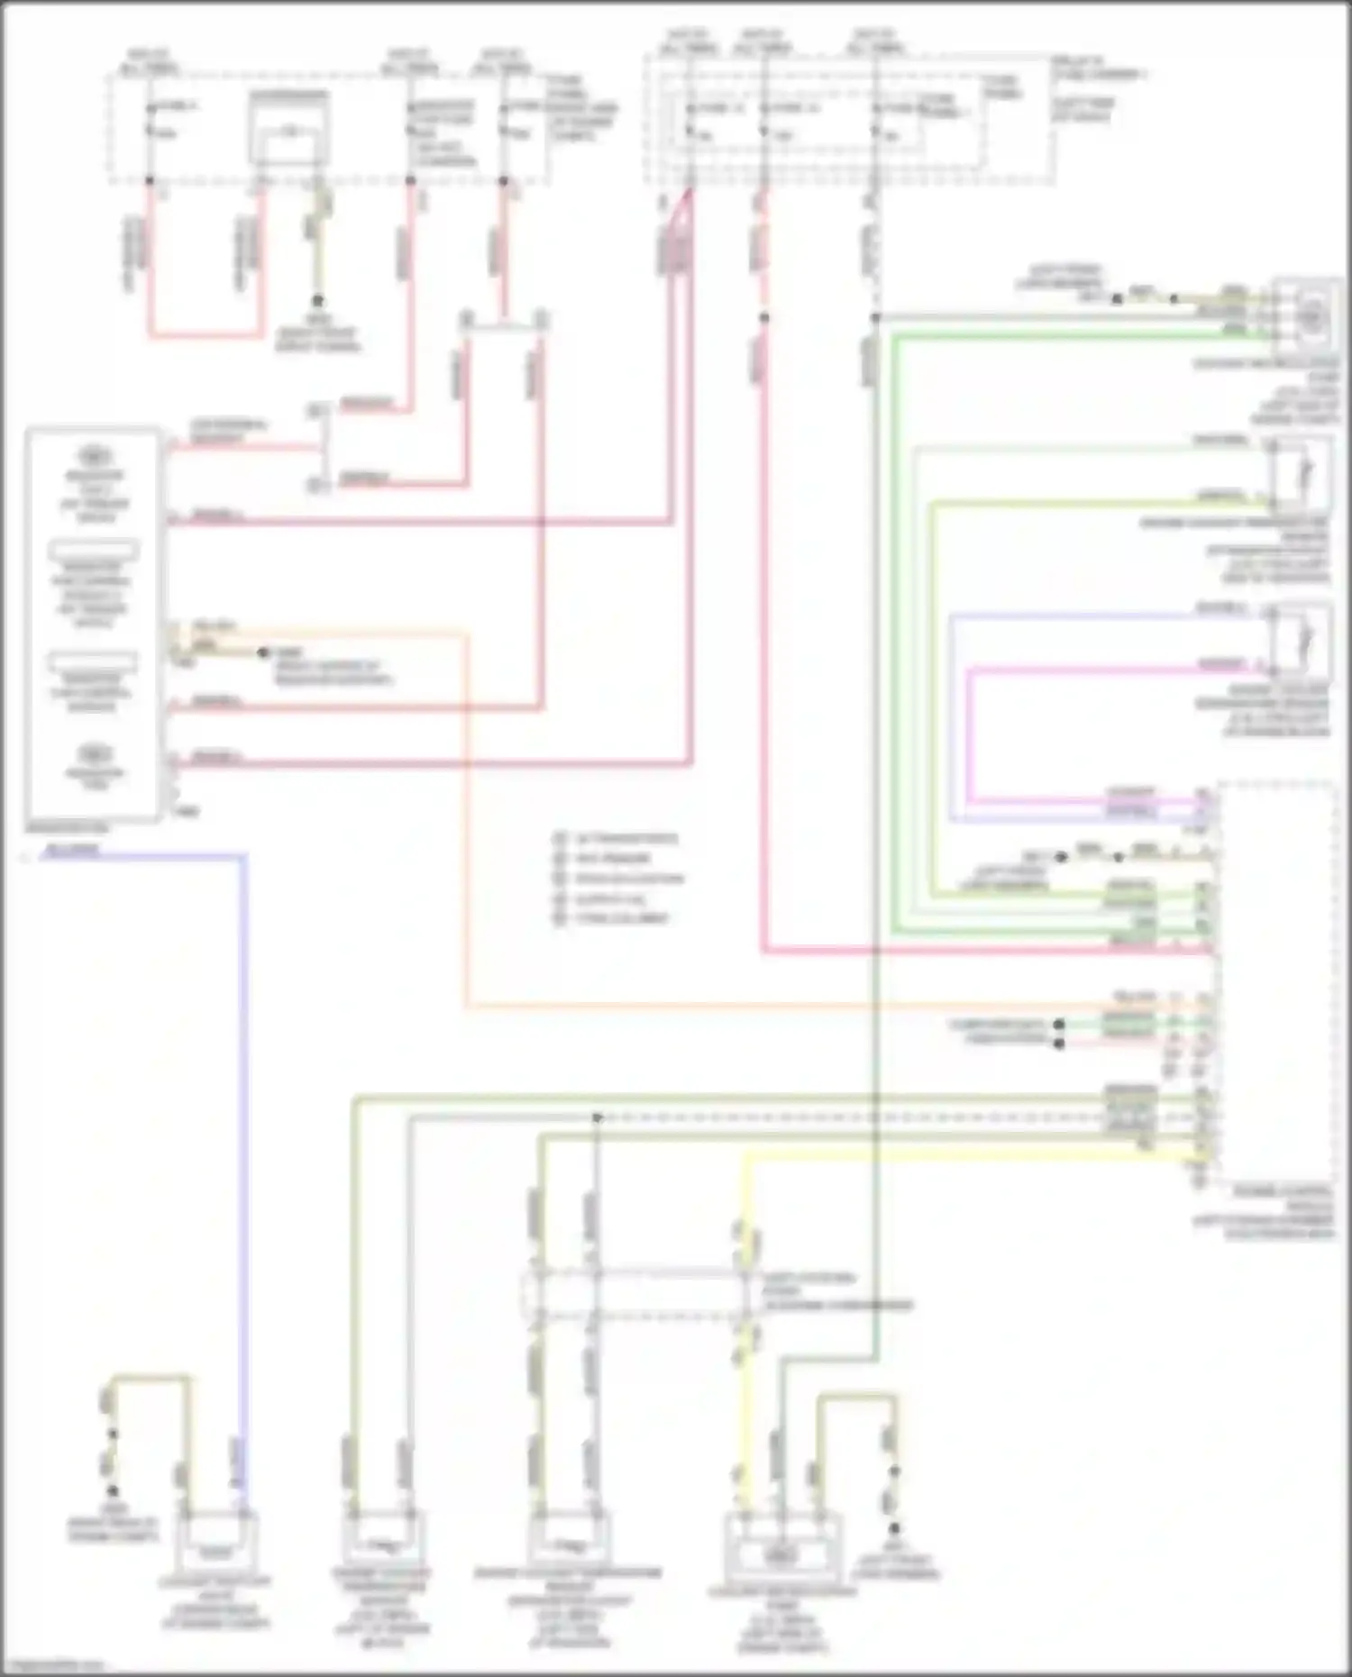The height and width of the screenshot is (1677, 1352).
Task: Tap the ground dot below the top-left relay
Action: coord(317,302)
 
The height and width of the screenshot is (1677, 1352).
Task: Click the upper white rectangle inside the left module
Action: coord(94,549)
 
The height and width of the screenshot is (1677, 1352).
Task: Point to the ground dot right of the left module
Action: coord(263,652)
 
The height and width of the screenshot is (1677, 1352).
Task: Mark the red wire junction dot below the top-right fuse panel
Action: coord(763,318)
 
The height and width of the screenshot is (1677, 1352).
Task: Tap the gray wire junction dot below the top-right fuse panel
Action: coord(875,318)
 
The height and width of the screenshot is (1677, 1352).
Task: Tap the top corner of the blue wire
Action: coord(243,856)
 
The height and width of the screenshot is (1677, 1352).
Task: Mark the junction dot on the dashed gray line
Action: coord(597,1118)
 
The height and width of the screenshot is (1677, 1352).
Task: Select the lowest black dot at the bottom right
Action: coord(894,1528)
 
